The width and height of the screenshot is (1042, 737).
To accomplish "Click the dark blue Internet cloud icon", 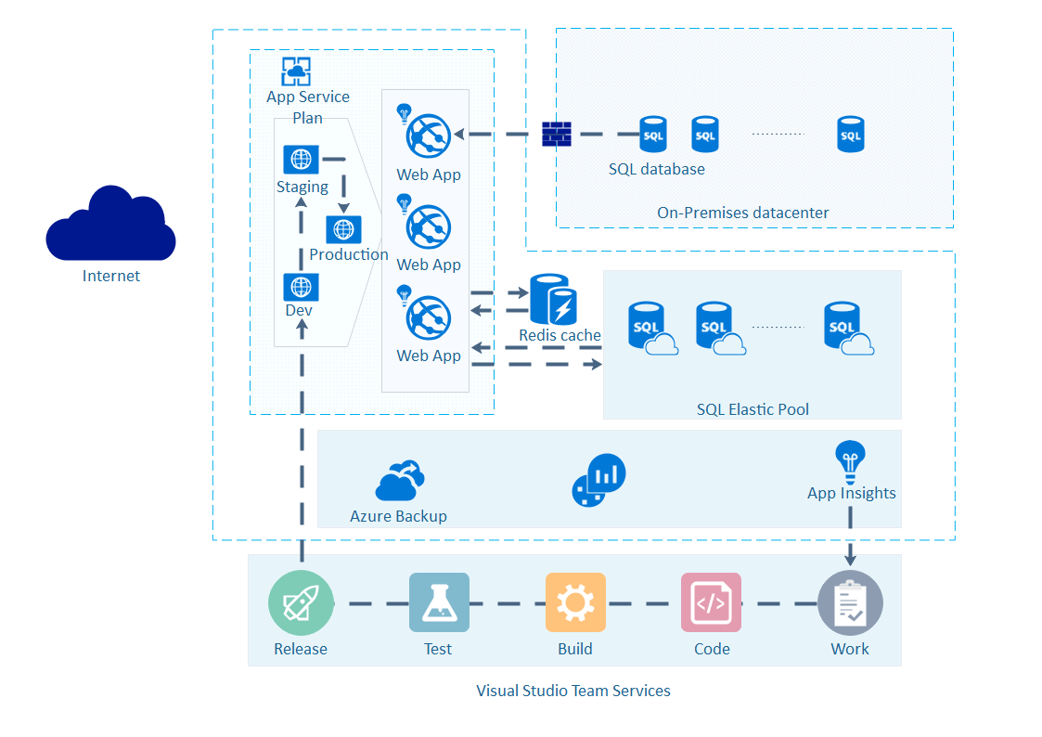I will click(x=110, y=225).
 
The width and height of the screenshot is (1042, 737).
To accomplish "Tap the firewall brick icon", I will click(x=556, y=135).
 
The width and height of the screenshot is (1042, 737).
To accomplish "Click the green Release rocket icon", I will click(x=301, y=603).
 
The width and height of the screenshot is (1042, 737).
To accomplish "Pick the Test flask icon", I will click(x=439, y=602).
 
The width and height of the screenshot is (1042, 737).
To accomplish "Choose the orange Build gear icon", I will click(x=575, y=602).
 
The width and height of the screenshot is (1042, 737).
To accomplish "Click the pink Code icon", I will click(x=711, y=602).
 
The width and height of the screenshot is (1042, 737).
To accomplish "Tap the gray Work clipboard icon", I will click(x=850, y=602).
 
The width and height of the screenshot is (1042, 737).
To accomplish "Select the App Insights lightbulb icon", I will click(x=850, y=459).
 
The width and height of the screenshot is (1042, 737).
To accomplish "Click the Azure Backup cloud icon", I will click(x=400, y=481).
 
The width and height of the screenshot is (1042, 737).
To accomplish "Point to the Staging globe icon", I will click(x=301, y=160).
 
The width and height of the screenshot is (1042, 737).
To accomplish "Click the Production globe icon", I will click(x=343, y=229).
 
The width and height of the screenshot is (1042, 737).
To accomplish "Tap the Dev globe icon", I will click(x=301, y=287).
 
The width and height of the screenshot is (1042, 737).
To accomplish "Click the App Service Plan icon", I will click(x=296, y=71).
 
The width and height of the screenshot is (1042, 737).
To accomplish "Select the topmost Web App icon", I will click(x=428, y=136).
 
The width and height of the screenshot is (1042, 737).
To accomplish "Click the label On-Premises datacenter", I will click(x=742, y=213).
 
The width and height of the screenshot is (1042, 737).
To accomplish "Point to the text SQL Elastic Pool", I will click(x=753, y=409).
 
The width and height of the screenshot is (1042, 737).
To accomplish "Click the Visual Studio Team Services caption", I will click(x=572, y=691).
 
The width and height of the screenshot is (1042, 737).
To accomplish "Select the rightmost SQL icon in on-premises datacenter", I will click(x=850, y=135).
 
